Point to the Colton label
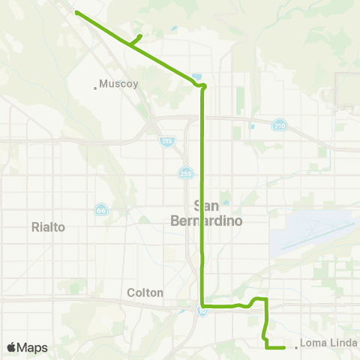point(145,292)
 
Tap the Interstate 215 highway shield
point(166,140)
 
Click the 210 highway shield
point(279,124)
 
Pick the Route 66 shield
point(100,210)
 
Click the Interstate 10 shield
point(202,311)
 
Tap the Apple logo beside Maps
point(13,347)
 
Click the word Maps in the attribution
point(34,347)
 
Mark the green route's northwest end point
point(76,12)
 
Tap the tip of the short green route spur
point(141,35)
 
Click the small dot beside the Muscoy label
point(95,88)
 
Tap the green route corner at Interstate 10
point(202,305)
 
